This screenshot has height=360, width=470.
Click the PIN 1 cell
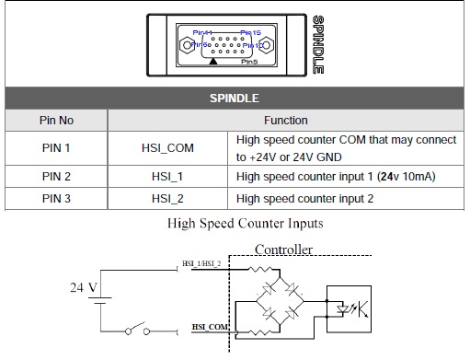(x=56, y=147)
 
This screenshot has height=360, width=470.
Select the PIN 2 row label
(x=56, y=176)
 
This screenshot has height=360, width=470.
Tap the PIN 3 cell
(x=56, y=198)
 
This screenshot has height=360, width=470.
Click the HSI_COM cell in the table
(x=167, y=147)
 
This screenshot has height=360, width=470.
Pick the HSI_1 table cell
(x=167, y=176)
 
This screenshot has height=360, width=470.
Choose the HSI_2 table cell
(x=167, y=198)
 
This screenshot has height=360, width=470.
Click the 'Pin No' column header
(x=56, y=120)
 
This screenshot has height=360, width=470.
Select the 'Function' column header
(x=286, y=120)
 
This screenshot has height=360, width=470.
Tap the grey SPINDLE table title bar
(x=235, y=97)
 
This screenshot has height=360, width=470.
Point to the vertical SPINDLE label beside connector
(x=317, y=44)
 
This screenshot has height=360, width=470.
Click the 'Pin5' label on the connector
(x=249, y=63)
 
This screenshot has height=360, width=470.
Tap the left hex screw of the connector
(x=188, y=44)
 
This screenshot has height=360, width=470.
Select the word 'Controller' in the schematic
(x=283, y=249)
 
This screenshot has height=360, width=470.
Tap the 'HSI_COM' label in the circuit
(x=210, y=326)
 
